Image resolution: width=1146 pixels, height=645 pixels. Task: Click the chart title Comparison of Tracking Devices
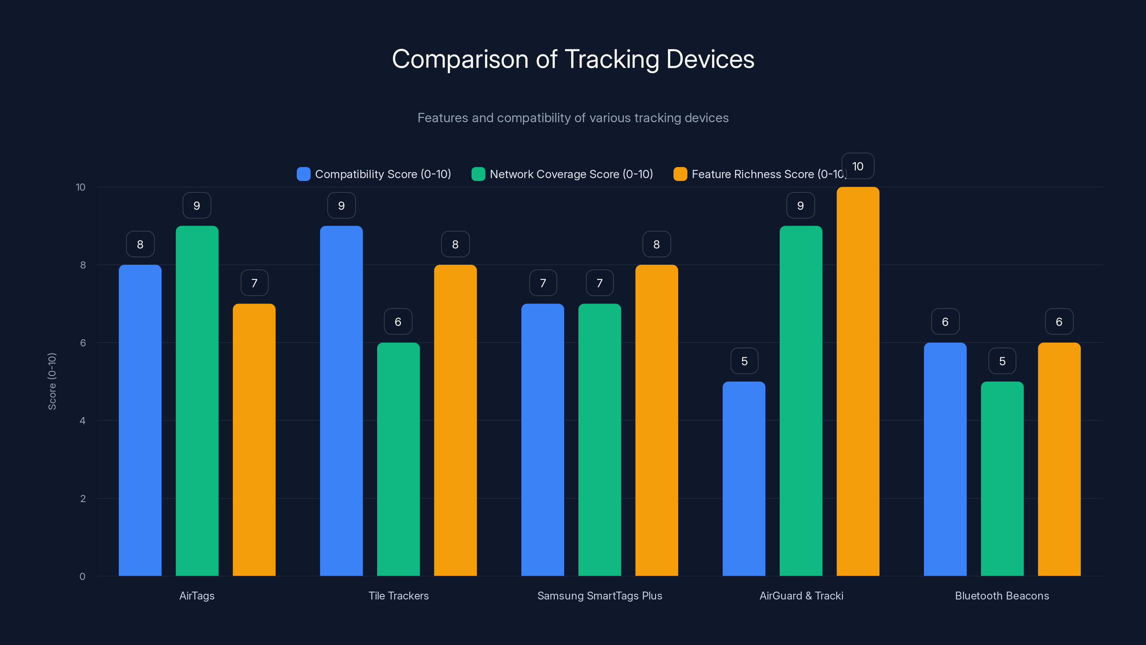(x=573, y=59)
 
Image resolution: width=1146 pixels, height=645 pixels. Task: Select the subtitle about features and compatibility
(x=573, y=118)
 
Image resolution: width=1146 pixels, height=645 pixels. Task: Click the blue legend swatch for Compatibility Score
(x=303, y=174)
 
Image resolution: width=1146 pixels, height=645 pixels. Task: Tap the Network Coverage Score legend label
(x=571, y=174)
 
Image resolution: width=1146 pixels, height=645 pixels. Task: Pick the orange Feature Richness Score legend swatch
(x=680, y=174)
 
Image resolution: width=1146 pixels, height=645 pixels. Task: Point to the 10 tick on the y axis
(x=81, y=187)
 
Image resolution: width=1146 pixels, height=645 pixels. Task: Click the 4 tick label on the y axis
(x=82, y=421)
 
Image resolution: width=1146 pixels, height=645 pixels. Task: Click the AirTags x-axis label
(x=197, y=596)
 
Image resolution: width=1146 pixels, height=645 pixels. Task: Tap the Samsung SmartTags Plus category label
(x=600, y=596)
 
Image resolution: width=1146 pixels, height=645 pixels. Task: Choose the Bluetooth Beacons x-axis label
(x=1002, y=596)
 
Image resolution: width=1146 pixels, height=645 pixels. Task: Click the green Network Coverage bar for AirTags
(x=197, y=401)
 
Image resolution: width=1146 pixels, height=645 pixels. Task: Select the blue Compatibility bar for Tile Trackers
(x=341, y=401)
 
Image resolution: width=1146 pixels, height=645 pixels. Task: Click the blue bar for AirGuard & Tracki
(x=744, y=478)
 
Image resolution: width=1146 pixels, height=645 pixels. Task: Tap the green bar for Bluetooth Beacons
(x=1002, y=478)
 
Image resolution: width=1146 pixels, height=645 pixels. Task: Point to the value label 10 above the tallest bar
(x=858, y=167)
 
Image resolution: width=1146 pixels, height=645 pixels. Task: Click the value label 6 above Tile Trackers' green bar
(x=398, y=322)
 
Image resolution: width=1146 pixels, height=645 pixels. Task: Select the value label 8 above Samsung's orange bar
(x=657, y=244)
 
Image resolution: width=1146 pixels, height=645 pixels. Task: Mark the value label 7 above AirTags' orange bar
(x=255, y=283)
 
